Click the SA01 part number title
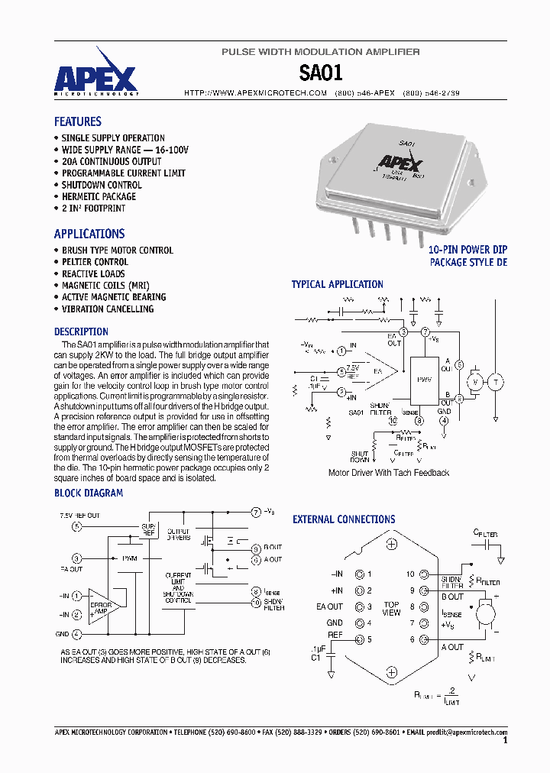(321, 73)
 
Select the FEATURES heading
(77, 121)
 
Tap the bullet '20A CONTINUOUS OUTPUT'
(111, 161)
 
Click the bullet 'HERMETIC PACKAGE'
(99, 196)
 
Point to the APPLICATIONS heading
(89, 234)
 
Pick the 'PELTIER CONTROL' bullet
(95, 262)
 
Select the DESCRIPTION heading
(81, 332)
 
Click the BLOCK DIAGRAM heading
(88, 493)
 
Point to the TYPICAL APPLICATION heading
(337, 284)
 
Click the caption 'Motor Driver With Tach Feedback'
(388, 473)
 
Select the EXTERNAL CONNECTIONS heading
(344, 519)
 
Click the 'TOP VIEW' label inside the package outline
(391, 608)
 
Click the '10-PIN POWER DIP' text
(467, 250)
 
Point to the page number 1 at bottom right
(505, 740)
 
